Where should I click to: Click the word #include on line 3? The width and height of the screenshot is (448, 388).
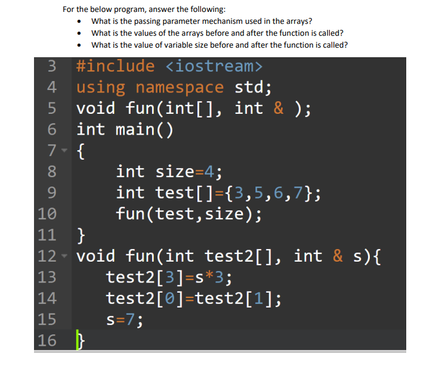tap(115, 66)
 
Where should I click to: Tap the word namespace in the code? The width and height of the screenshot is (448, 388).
tap(180, 88)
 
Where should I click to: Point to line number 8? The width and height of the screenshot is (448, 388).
tap(52, 172)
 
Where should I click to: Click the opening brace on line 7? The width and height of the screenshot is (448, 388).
tap(81, 151)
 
